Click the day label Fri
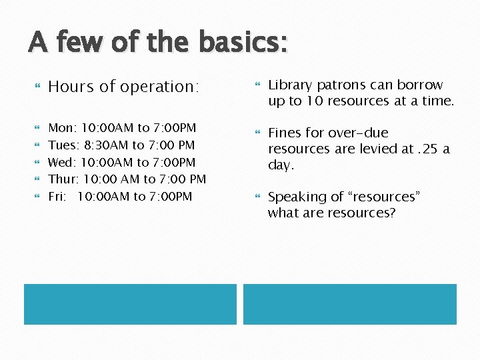point(59,197)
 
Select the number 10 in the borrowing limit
point(314,101)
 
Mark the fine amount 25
point(429,149)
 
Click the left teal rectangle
point(130,304)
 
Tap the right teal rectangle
point(349,304)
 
